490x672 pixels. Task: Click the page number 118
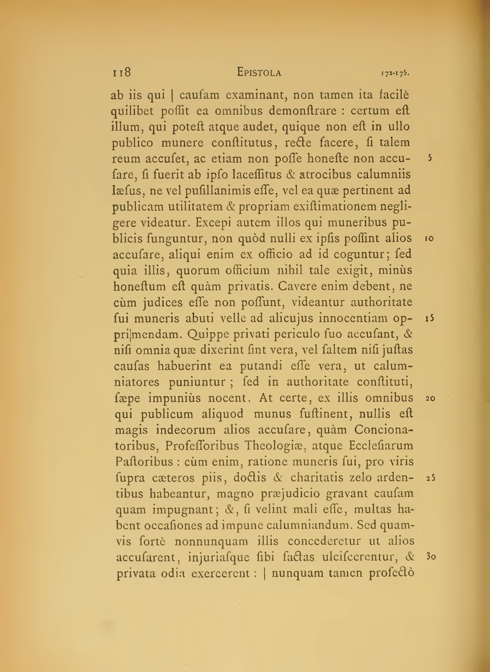tap(122, 72)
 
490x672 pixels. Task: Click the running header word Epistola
tap(259, 72)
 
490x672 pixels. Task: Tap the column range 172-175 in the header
tap(395, 73)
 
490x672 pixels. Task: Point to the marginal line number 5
tap(429, 158)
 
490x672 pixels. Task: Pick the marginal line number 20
tap(430, 398)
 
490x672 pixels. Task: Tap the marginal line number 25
tap(430, 478)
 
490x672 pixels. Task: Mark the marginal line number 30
tap(430, 557)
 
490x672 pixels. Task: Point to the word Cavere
tap(299, 286)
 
